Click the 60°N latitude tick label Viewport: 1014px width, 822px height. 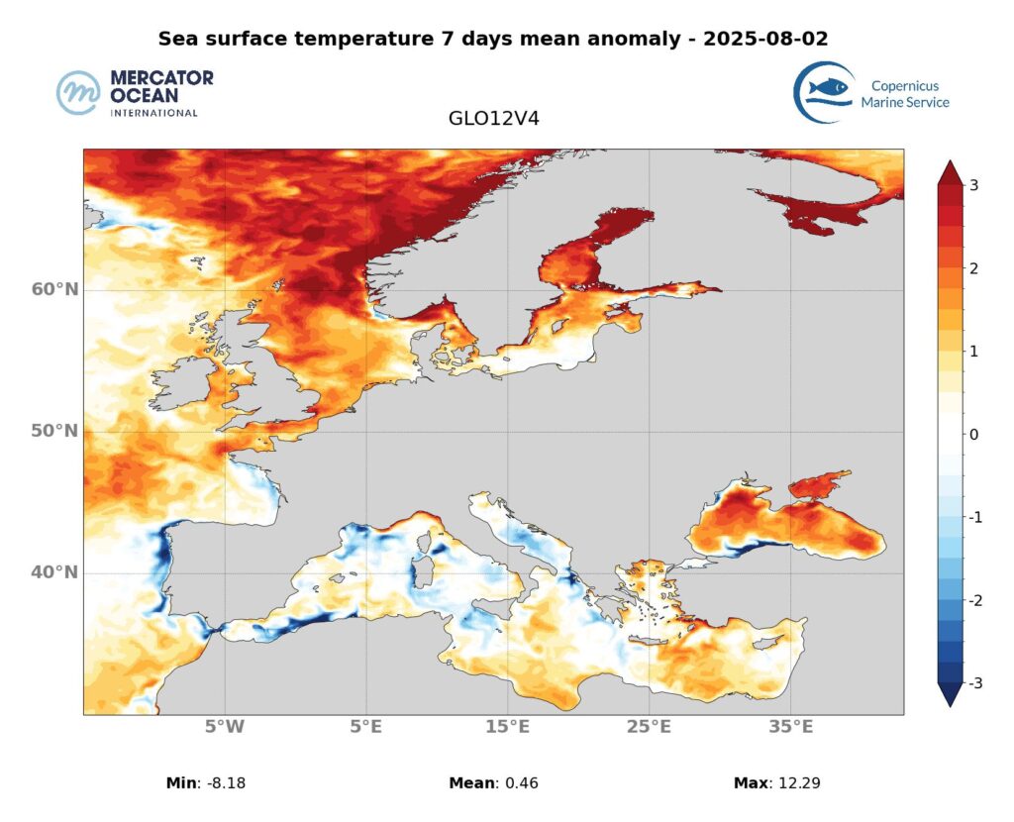tap(53, 289)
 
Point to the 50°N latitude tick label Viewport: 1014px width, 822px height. tap(53, 431)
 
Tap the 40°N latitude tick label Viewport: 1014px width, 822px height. tap(53, 572)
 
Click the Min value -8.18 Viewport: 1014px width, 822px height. tap(221, 783)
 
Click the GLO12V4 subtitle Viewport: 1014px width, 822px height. tap(493, 119)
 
